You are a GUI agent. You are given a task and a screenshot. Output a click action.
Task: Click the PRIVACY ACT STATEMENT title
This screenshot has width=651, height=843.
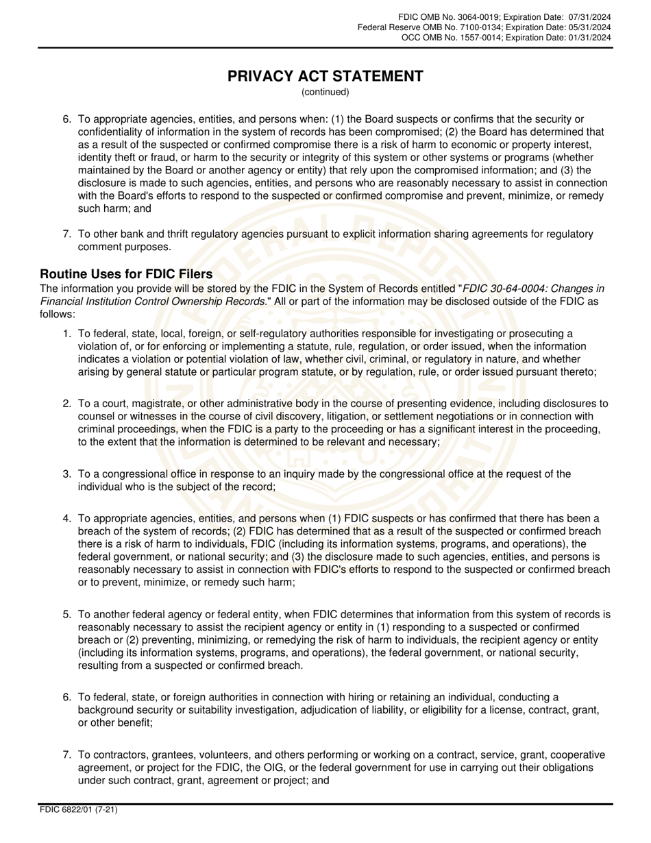tap(325, 76)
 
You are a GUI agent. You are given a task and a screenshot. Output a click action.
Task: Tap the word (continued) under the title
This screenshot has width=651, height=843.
tap(325, 92)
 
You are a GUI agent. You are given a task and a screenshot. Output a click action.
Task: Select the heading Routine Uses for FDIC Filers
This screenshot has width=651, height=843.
tap(126, 274)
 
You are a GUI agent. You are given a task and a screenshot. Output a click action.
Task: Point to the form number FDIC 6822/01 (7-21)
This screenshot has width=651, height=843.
tap(79, 810)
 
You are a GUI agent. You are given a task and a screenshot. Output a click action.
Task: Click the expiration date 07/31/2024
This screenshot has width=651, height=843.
tap(588, 16)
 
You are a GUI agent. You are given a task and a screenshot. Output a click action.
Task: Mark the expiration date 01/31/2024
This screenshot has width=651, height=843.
tap(588, 38)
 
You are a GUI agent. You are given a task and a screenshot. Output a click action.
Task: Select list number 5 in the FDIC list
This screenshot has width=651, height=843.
tap(67, 615)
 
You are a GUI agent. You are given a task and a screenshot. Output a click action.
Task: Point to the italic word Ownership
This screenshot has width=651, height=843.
tap(194, 302)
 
